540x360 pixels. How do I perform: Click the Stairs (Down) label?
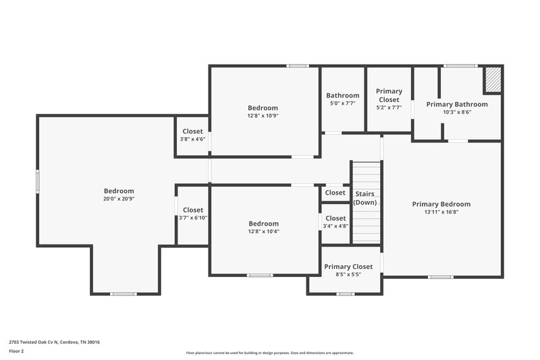tap(365, 198)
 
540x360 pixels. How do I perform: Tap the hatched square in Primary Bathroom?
tap(493, 80)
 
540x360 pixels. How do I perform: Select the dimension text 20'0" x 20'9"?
tap(119, 199)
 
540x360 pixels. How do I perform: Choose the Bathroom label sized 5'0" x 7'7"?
tap(342, 95)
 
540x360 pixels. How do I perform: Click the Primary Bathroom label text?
tap(457, 104)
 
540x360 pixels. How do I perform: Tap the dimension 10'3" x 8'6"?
tap(457, 112)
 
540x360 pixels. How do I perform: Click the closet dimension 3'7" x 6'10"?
tap(192, 217)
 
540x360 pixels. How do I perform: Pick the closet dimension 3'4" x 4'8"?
tap(335, 226)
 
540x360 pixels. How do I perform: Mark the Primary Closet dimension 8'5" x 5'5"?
tap(348, 274)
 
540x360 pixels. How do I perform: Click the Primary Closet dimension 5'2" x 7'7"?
tap(389, 107)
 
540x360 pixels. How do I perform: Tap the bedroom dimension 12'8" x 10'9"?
tap(263, 115)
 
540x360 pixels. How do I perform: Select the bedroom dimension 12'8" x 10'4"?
tap(263, 232)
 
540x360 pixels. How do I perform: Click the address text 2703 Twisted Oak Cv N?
tap(54, 342)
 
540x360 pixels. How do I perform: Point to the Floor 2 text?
tap(16, 351)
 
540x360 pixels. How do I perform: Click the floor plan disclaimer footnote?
tap(269, 353)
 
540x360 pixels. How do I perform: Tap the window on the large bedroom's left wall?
tap(38, 182)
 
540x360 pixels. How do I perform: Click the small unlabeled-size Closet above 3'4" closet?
tap(335, 192)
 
